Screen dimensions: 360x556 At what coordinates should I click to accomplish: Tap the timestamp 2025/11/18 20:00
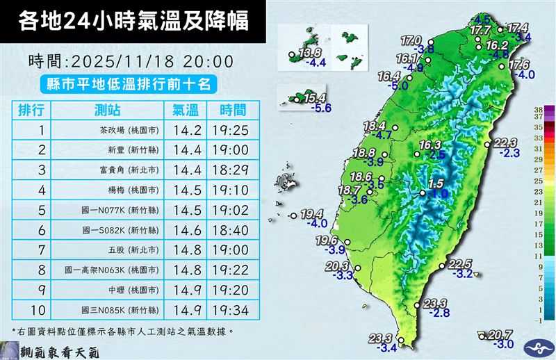(x=131, y=61)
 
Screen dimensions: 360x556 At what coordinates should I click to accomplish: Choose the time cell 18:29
(x=232, y=169)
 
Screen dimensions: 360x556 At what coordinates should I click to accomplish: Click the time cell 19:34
(x=232, y=309)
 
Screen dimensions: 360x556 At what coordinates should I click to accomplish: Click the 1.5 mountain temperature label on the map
(x=436, y=183)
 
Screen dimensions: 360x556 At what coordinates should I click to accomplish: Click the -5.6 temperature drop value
(x=320, y=108)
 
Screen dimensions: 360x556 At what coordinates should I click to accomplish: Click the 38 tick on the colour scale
(x=539, y=110)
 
